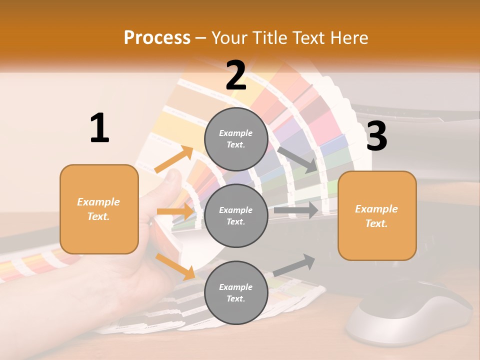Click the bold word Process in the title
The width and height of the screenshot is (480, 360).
pos(157,38)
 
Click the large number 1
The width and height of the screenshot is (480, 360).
pos(99,128)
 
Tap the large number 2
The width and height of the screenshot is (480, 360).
pos(236,75)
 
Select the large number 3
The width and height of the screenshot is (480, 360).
pos(376,136)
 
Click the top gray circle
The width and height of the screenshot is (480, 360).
pos(236,138)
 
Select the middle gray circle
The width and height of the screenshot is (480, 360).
pos(236,215)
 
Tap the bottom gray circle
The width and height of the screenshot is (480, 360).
pos(236,292)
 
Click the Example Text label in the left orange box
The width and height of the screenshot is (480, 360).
pos(98,209)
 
